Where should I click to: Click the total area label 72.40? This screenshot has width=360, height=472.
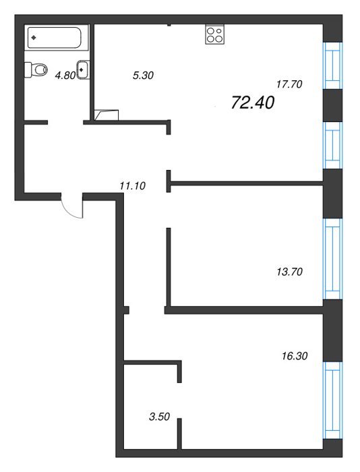(x=253, y=102)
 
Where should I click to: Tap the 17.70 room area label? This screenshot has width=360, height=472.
(x=289, y=84)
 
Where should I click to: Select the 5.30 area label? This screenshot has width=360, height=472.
(x=144, y=76)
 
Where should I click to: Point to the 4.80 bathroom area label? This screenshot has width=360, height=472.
(x=65, y=76)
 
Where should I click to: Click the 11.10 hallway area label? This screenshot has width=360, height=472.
(x=132, y=185)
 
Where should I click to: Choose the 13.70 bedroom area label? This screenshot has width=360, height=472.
(x=289, y=272)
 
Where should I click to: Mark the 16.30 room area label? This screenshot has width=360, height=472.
(x=295, y=356)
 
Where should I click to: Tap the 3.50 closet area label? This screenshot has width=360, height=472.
(x=160, y=417)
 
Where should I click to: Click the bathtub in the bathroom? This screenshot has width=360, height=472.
(x=54, y=37)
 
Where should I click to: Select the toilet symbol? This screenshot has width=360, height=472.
(x=36, y=70)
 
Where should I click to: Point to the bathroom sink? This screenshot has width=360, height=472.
(x=83, y=70)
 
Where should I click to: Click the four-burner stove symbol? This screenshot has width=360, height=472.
(x=215, y=34)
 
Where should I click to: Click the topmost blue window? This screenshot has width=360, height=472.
(x=332, y=65)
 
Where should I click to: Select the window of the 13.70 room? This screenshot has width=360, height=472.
(x=332, y=258)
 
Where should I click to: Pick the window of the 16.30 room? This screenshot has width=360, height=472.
(x=332, y=400)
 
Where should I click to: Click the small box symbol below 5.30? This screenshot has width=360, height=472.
(x=107, y=115)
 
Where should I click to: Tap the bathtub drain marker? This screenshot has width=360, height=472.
(x=34, y=38)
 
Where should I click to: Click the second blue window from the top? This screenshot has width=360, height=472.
(x=332, y=145)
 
